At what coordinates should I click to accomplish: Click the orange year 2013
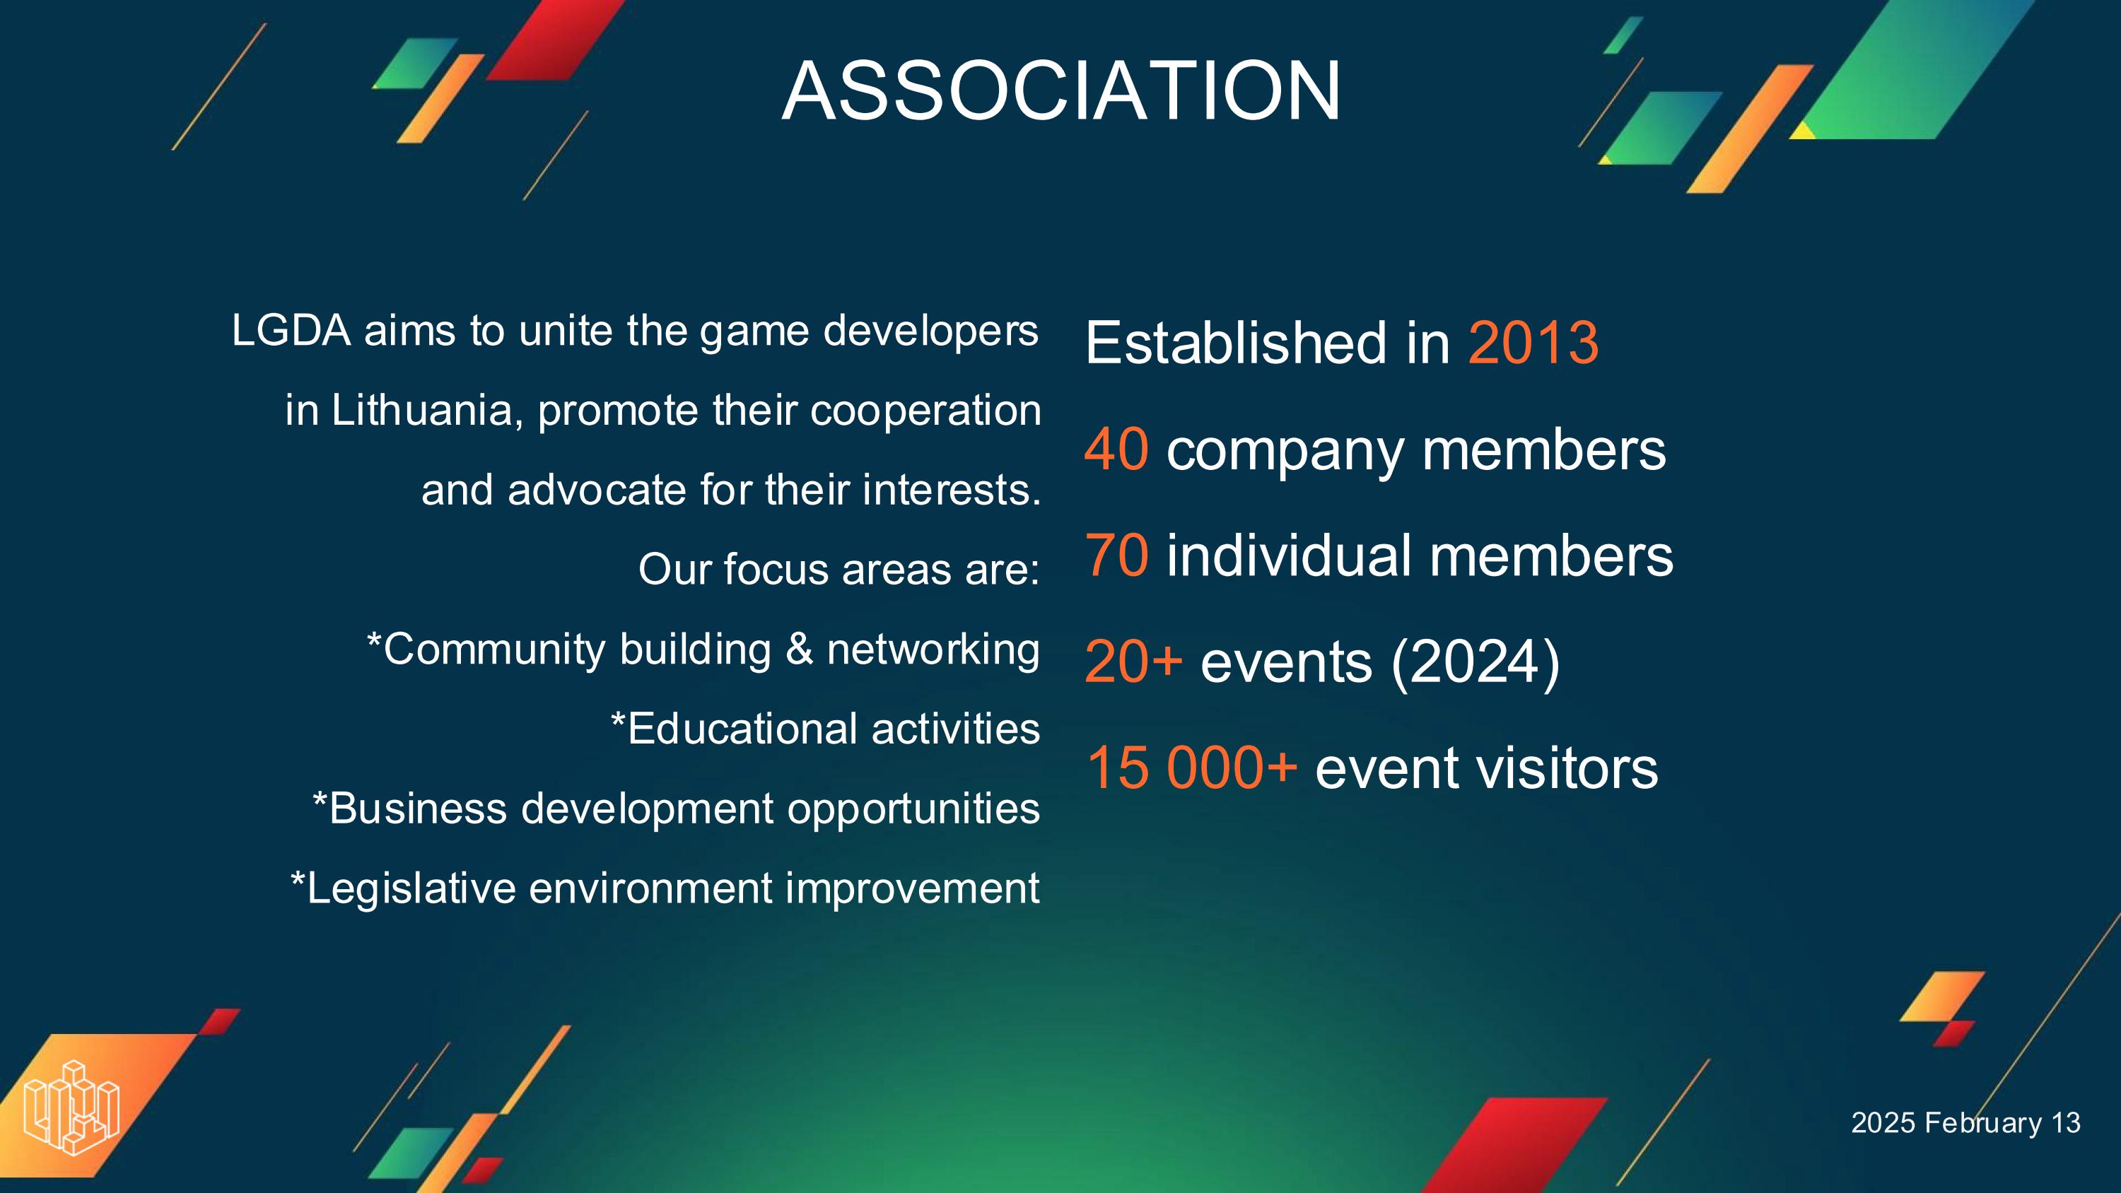click(x=1533, y=343)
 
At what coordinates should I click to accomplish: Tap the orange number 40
click(x=1116, y=449)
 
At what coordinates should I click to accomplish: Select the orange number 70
click(x=1116, y=555)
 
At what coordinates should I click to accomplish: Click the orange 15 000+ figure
click(x=1191, y=768)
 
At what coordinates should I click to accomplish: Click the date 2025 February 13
click(x=1966, y=1123)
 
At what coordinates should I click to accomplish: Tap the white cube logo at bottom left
click(x=71, y=1107)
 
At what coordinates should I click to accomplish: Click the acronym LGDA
click(x=291, y=331)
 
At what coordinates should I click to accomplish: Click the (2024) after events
click(x=1475, y=663)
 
